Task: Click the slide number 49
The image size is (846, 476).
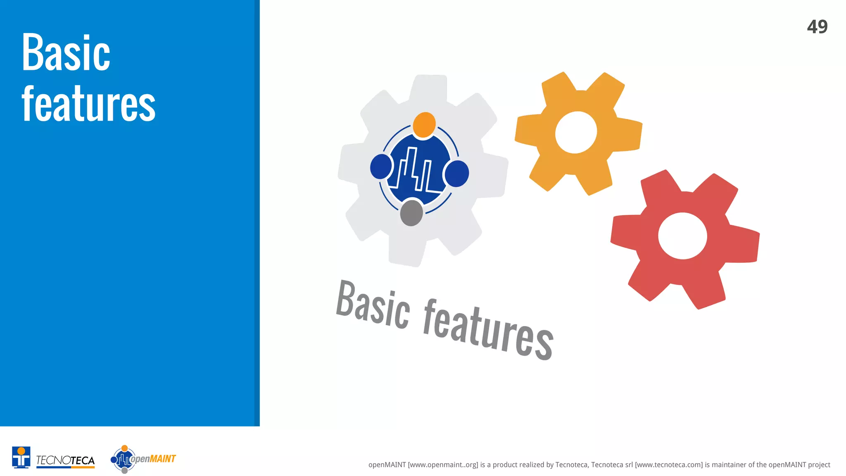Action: click(x=817, y=27)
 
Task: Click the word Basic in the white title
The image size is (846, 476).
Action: click(x=66, y=53)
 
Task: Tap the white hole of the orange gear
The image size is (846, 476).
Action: click(x=576, y=132)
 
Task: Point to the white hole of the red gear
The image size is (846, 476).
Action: click(x=682, y=236)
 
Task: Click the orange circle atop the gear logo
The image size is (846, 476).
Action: click(x=424, y=124)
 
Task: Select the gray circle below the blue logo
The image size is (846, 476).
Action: click(x=411, y=212)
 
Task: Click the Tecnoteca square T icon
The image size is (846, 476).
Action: click(x=21, y=457)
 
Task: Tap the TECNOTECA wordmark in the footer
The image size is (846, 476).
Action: click(x=65, y=460)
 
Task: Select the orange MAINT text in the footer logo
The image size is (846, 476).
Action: click(x=163, y=459)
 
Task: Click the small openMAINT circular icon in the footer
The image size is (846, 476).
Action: click(x=123, y=459)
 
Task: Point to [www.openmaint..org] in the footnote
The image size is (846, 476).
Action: click(x=443, y=465)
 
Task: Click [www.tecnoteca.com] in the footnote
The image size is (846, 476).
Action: click(x=669, y=465)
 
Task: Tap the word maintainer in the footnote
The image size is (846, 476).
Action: click(x=729, y=465)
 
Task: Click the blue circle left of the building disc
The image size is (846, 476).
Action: click(x=381, y=167)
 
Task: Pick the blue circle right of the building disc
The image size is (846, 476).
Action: click(x=457, y=174)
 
